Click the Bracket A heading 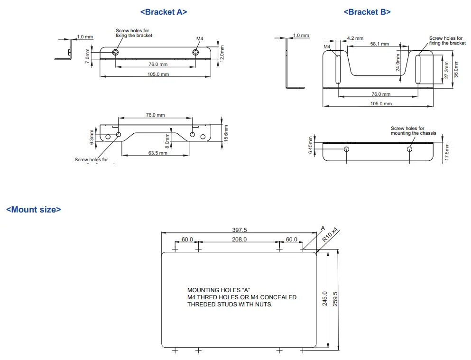click(164, 12)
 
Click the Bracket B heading click(367, 12)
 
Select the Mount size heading click(33, 209)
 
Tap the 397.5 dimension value click(239, 230)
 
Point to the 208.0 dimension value click(239, 240)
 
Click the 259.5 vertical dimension click(335, 299)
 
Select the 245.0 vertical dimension click(325, 299)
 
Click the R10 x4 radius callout click(330, 235)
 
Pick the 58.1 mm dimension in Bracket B click(379, 44)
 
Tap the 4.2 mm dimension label click(355, 38)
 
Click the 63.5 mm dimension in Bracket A click(157, 153)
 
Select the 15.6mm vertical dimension click(226, 134)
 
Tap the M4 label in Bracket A click(200, 38)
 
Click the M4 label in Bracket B click(327, 47)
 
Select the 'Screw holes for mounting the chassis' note click(413, 130)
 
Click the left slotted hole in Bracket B click(338, 69)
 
